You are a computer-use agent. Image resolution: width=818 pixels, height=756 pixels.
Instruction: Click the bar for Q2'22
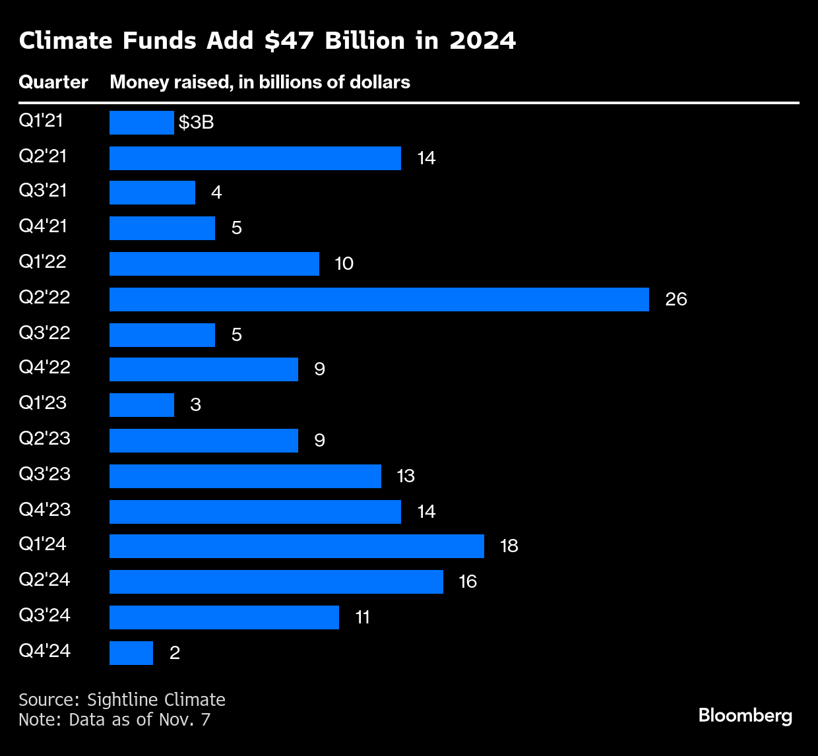[379, 299]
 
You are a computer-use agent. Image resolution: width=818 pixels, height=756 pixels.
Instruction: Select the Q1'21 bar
[141, 123]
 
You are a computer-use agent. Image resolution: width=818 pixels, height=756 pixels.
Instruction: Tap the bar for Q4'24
[131, 653]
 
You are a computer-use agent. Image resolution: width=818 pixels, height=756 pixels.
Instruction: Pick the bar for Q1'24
[297, 546]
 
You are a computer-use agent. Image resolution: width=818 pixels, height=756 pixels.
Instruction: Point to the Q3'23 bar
[245, 476]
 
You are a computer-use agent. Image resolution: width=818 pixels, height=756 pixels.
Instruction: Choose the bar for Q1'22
[214, 263]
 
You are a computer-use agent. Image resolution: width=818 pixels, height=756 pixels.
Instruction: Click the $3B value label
[196, 123]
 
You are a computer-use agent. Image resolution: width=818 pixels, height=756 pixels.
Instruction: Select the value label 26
[676, 299]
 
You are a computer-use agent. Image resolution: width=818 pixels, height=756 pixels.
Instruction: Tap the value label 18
[509, 546]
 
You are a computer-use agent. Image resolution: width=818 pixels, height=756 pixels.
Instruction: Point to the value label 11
[362, 617]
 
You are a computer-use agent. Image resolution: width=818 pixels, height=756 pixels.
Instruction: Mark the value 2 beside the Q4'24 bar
[175, 653]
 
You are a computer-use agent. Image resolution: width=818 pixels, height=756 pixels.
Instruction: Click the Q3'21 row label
[43, 191]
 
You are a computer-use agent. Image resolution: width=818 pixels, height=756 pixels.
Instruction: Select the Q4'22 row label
[44, 367]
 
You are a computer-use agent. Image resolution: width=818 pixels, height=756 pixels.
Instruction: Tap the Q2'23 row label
[44, 439]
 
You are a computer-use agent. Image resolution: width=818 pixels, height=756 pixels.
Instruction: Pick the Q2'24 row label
[44, 580]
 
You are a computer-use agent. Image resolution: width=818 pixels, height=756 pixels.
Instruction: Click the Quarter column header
[53, 82]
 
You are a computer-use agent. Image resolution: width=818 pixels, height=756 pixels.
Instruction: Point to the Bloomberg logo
[745, 715]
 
